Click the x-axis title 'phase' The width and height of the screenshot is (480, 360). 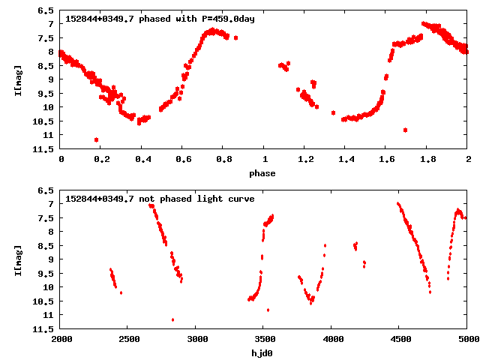[264, 173]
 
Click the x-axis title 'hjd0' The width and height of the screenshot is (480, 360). [264, 353]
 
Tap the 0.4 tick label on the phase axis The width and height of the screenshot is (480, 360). [142, 160]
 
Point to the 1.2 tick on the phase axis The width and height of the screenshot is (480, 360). [305, 160]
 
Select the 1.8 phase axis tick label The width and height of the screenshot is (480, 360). [427, 160]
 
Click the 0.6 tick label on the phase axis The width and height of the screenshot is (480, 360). [183, 160]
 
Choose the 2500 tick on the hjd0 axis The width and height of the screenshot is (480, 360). [127, 340]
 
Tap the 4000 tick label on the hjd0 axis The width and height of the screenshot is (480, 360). [331, 340]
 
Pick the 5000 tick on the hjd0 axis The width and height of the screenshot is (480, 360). [466, 340]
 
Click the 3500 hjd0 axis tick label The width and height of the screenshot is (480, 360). [263, 340]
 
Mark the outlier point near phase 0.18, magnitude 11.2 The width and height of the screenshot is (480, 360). [96, 139]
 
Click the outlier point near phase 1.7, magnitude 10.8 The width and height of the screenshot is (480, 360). [405, 130]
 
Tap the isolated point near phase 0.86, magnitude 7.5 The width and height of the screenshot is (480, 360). [235, 37]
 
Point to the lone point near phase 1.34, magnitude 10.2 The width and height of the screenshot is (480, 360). [333, 112]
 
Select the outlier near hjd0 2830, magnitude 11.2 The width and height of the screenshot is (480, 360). [173, 319]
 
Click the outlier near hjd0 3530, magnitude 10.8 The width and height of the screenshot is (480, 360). [268, 310]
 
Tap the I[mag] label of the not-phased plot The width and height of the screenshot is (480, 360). [17, 259]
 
